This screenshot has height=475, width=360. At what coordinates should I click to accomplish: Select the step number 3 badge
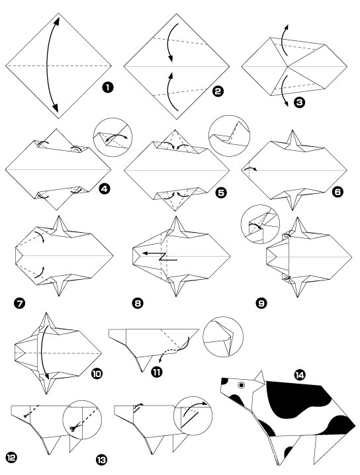tap(300, 103)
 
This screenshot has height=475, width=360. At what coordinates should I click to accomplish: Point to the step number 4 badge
tap(103, 190)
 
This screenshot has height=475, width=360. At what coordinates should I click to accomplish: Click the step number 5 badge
tap(221, 193)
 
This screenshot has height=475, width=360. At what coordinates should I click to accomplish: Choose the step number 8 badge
tap(137, 304)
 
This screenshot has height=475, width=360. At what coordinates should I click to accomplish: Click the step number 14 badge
tap(301, 375)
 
